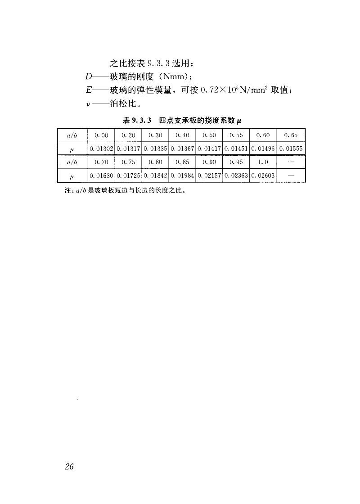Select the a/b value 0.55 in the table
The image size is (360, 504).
pyautogui.click(x=236, y=135)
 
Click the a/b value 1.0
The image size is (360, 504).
pyautogui.click(x=263, y=162)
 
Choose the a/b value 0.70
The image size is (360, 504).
pyautogui.click(x=102, y=162)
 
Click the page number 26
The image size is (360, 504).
pyautogui.click(x=69, y=466)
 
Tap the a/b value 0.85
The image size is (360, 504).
pyautogui.click(x=182, y=162)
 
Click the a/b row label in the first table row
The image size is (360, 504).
pyautogui.click(x=72, y=135)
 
